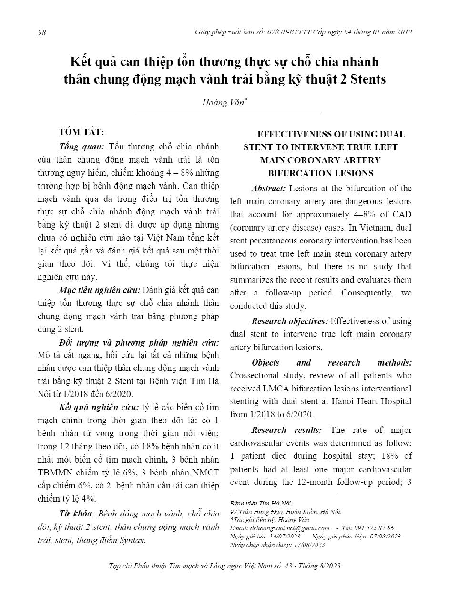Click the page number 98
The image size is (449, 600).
[x=41, y=32]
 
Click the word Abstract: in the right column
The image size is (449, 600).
[x=268, y=189]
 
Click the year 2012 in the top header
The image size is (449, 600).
[x=403, y=32]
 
